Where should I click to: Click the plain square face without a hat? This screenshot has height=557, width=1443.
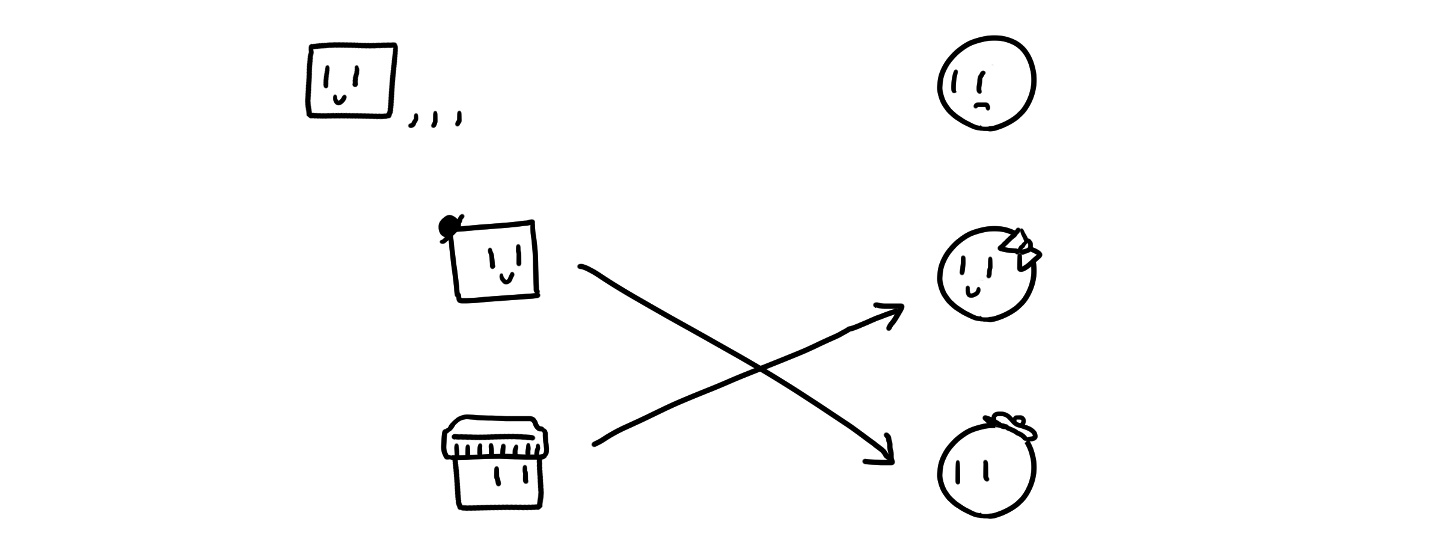point(351,80)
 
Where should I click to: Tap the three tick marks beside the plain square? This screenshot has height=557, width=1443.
point(435,119)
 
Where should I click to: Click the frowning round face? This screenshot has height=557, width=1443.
point(986,83)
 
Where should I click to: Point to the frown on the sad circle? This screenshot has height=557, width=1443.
point(981,106)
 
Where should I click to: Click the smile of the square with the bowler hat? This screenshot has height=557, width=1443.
point(507,278)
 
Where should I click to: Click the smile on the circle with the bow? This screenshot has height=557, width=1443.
point(972,292)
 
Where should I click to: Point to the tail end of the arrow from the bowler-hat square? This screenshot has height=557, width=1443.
point(581,266)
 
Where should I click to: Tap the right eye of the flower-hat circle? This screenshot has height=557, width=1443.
point(986,470)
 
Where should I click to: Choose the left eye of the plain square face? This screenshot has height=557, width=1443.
point(327,77)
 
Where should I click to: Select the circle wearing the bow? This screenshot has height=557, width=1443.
point(986,275)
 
